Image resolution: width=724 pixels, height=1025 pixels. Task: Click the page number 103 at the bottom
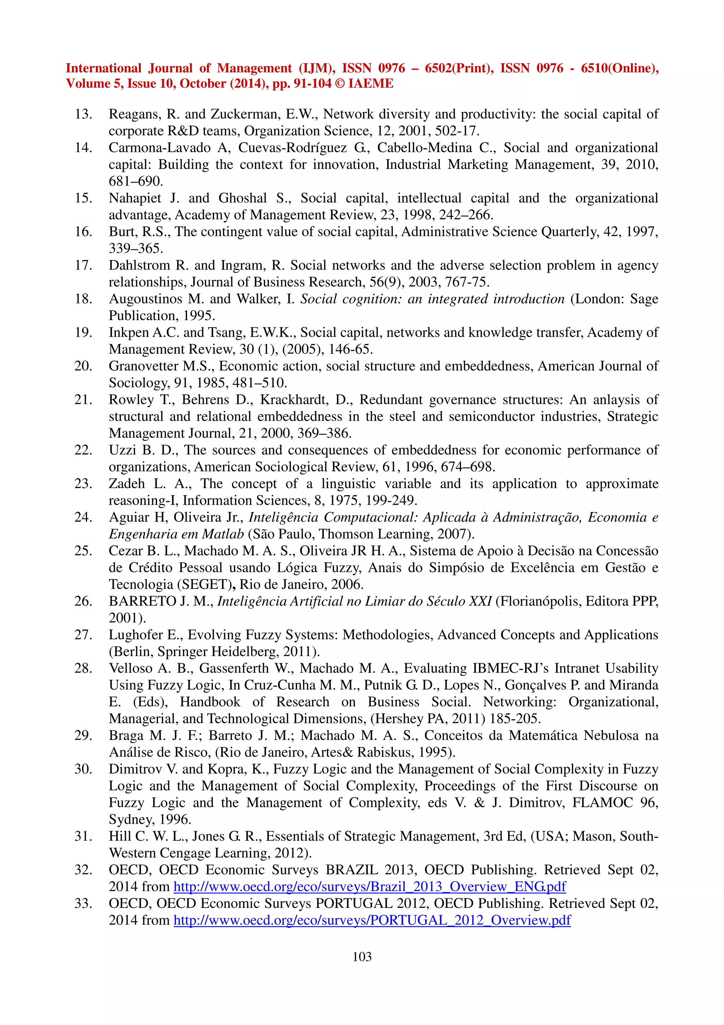(362, 957)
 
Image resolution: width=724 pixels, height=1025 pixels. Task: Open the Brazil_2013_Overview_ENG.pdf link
(369, 887)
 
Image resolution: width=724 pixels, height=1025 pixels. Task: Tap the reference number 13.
(83, 114)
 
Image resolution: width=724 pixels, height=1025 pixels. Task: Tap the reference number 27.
(83, 635)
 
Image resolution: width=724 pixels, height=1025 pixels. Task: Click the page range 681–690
(136, 181)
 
